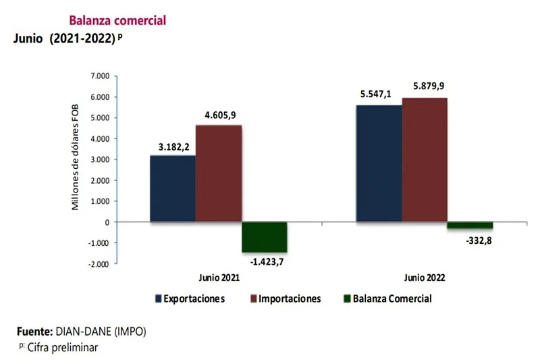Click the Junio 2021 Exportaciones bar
point(173,188)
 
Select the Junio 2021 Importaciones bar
point(219,173)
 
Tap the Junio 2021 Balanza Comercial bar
point(265,236)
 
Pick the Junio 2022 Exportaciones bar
point(379,163)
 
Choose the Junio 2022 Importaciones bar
point(425,159)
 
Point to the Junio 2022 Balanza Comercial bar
point(470,225)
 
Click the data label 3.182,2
point(173,146)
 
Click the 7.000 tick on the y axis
point(99,76)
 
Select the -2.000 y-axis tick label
point(98,264)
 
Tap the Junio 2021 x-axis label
point(219,277)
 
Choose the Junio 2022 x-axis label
point(425,277)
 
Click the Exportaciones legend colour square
point(158,298)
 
